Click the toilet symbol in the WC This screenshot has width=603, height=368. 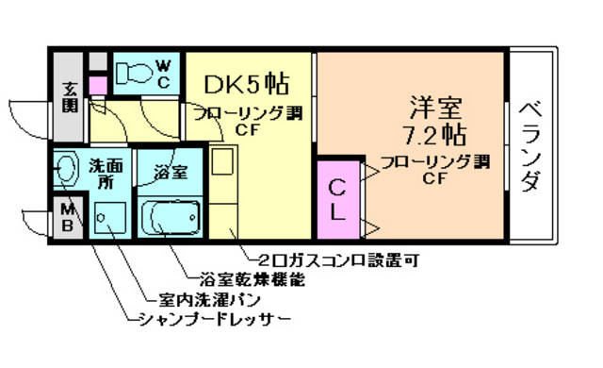tap(135, 71)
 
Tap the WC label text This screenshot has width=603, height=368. tap(163, 73)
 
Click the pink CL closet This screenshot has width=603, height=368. tap(336, 200)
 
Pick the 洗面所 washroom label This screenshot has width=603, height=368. tap(104, 172)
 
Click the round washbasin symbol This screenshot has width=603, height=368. tap(66, 171)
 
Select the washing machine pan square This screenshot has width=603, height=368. tap(108, 219)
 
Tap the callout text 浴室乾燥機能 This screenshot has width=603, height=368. tap(252, 279)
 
